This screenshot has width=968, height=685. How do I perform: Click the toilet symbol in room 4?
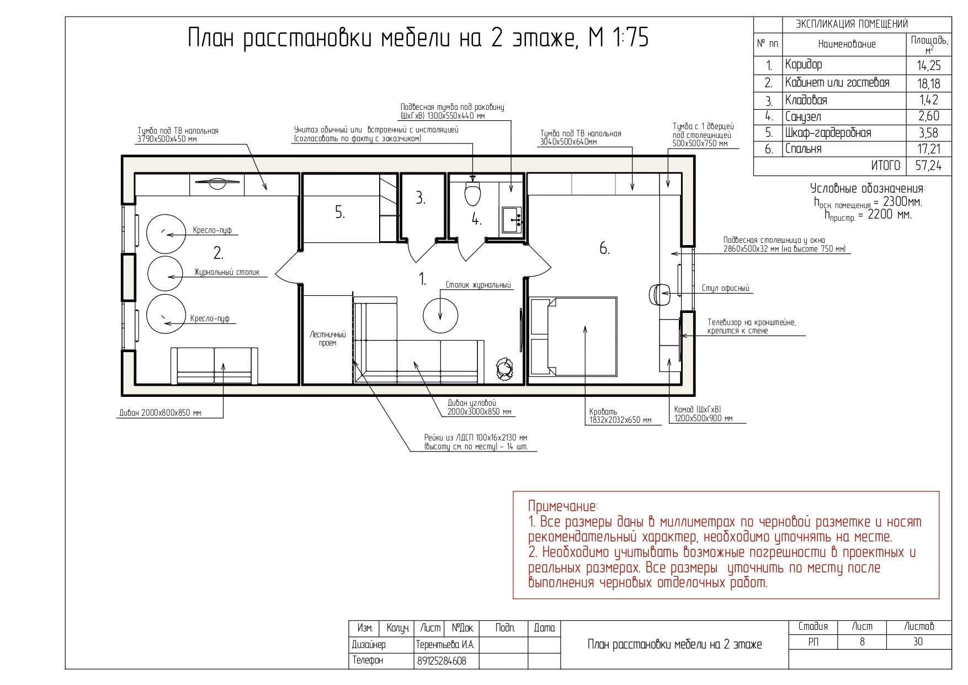tap(472, 194)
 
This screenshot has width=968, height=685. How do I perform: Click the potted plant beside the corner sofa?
tap(504, 369)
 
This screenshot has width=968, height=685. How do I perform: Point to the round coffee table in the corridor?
tap(440, 315)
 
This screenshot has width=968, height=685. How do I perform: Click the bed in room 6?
tap(574, 337)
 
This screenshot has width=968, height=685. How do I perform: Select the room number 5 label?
tap(340, 213)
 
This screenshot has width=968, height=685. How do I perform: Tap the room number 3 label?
tap(421, 198)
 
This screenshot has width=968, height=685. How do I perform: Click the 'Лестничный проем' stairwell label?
tap(328, 339)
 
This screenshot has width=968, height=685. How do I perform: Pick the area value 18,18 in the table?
tap(928, 84)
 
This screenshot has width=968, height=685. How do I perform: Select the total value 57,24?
tap(928, 166)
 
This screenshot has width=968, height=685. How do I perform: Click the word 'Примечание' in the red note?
tap(562, 506)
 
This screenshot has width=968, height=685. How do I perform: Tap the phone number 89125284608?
tap(440, 661)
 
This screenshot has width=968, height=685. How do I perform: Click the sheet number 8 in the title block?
tap(861, 642)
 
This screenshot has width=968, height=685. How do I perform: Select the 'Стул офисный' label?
tap(725, 288)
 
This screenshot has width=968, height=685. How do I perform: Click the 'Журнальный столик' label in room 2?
tap(226, 272)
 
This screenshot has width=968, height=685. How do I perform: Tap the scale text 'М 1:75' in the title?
tap(619, 38)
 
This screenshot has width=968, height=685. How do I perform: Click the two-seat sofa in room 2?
tap(214, 365)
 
